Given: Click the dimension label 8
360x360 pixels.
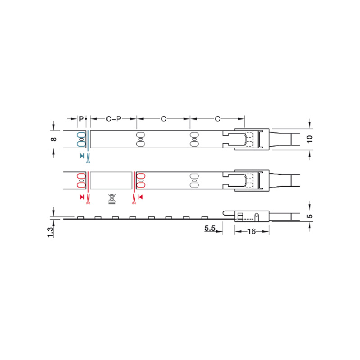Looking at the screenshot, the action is pyautogui.click(x=54, y=139).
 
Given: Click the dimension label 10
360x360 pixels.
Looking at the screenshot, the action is pyautogui.click(x=310, y=139).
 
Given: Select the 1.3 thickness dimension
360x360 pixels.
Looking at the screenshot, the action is pyautogui.click(x=50, y=232).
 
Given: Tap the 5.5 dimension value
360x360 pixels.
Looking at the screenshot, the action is pyautogui.click(x=210, y=229).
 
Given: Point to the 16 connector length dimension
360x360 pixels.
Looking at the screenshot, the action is pyautogui.click(x=252, y=231).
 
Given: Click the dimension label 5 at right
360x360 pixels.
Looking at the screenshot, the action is pyautogui.click(x=310, y=216).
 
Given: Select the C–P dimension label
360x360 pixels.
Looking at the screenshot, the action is pyautogui.click(x=113, y=119).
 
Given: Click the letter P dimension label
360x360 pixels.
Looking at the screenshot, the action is pyautogui.click(x=81, y=119).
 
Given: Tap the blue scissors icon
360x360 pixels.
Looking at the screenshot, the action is pyautogui.click(x=88, y=158).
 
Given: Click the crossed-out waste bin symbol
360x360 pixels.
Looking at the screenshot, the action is pyautogui.click(x=112, y=199).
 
